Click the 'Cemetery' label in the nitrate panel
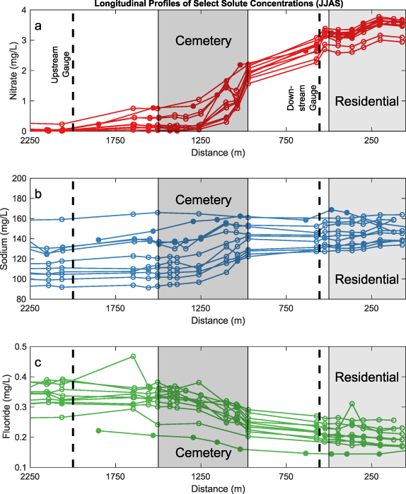click(203, 41)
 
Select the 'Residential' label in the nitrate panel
click(366, 102)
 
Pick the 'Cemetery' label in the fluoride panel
click(203, 452)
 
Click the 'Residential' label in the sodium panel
click(366, 279)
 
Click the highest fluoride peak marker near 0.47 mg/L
click(132, 356)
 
